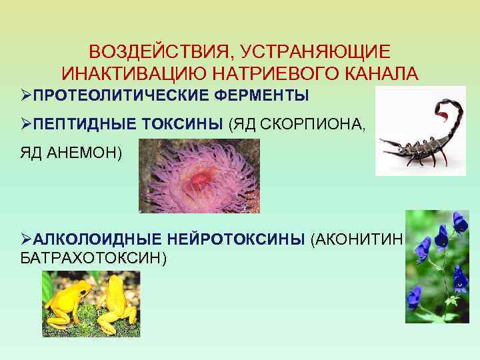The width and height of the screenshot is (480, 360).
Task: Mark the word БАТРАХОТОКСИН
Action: click(89, 257)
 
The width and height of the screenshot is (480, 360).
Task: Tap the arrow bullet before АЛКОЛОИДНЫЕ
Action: click(26, 239)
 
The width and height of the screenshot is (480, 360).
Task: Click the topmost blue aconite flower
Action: click(458, 221)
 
